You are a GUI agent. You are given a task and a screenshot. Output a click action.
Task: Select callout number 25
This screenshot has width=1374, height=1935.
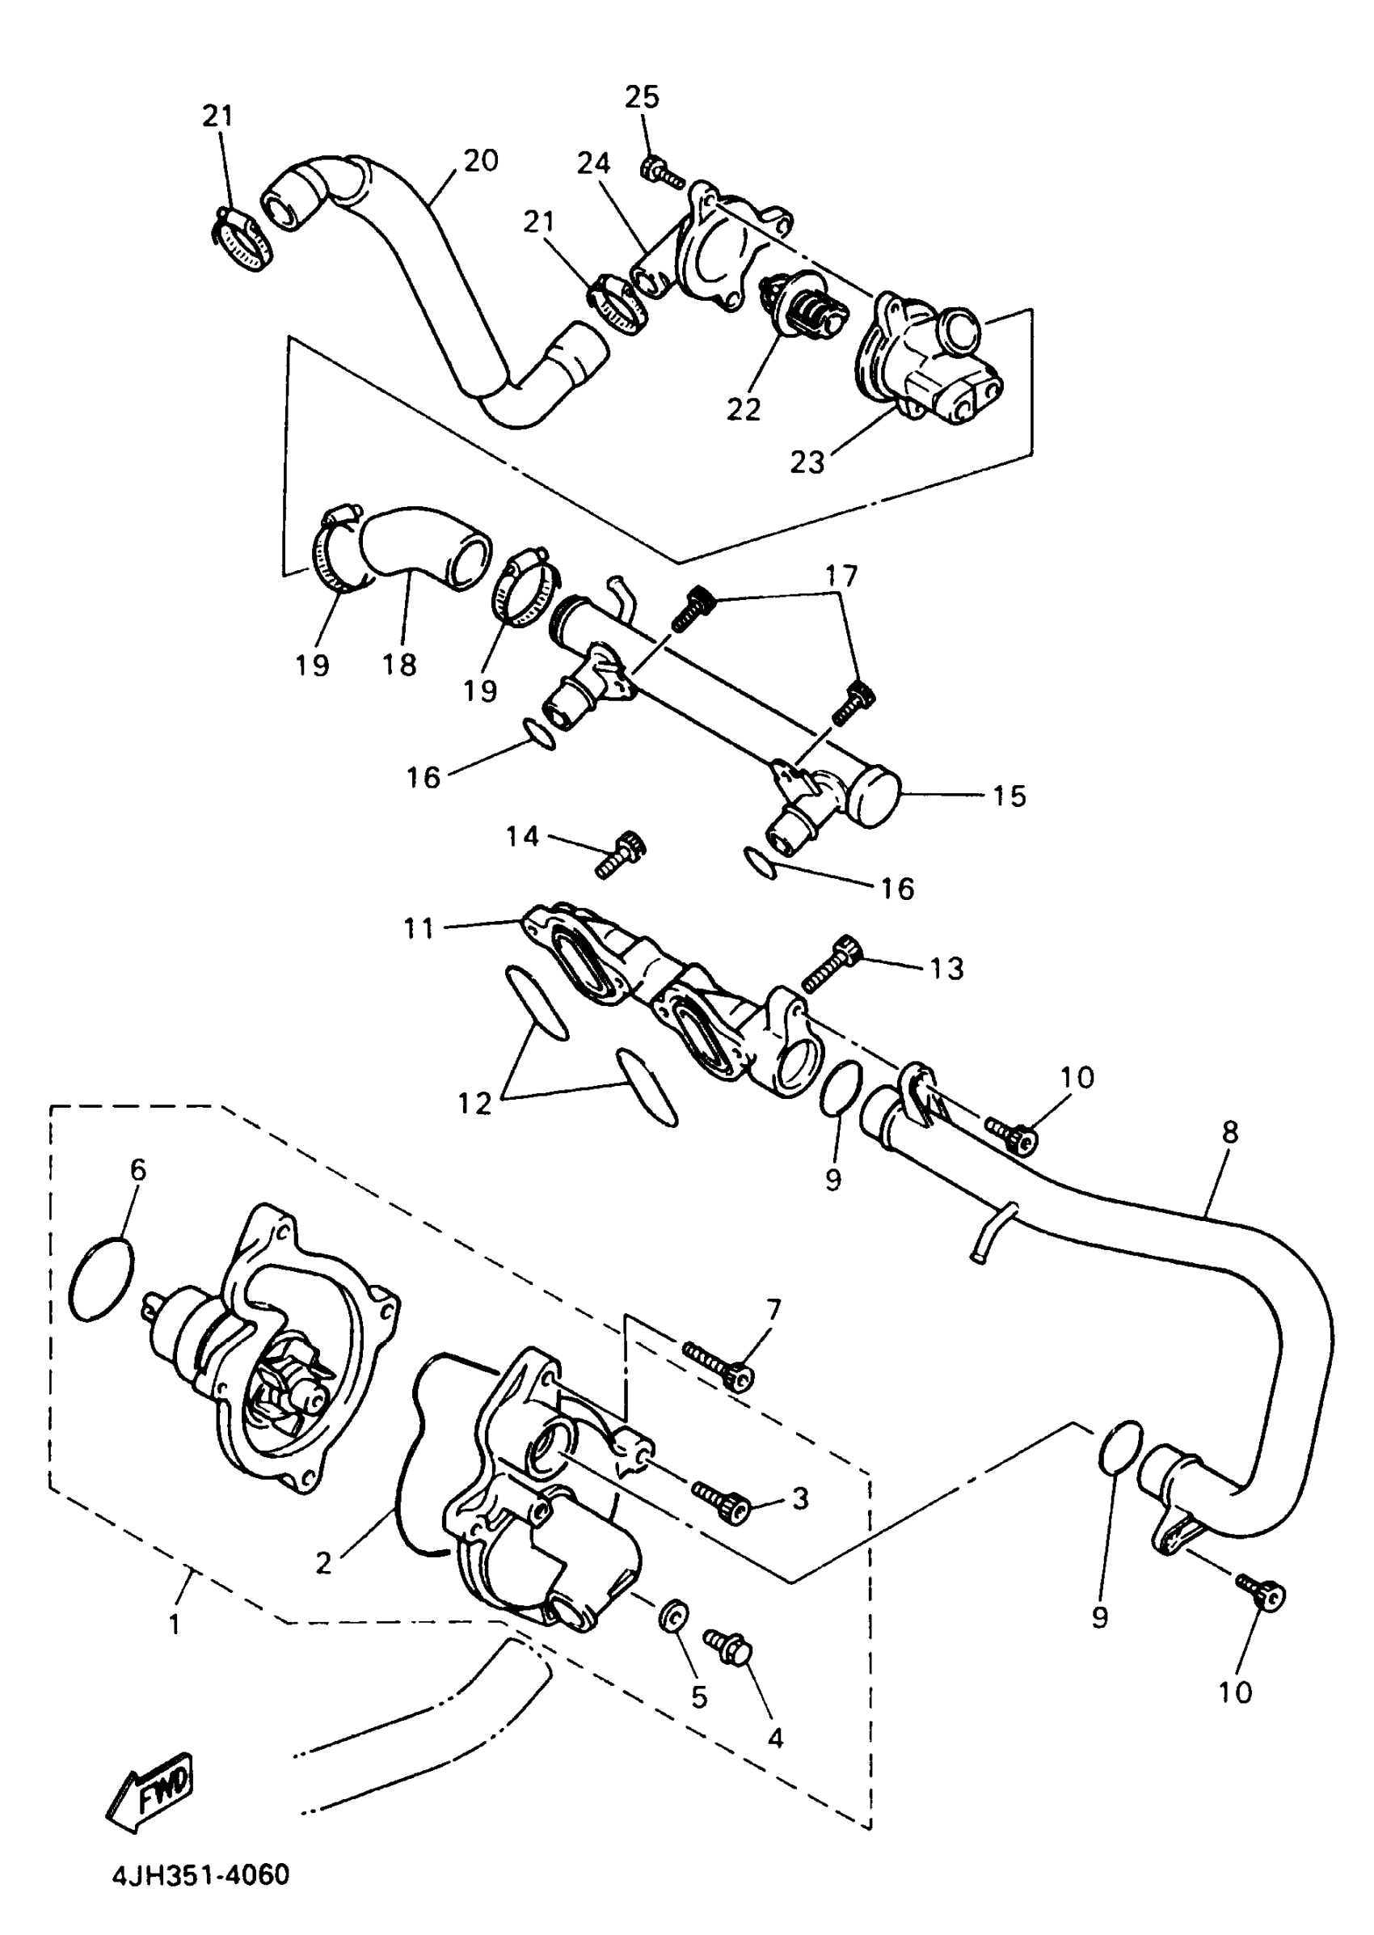(643, 97)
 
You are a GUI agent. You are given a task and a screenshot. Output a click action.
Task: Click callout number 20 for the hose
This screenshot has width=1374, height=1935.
(481, 160)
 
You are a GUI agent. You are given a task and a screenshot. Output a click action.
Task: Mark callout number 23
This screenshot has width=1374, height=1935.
(807, 462)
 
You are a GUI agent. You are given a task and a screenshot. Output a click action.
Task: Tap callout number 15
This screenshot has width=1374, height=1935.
(1009, 796)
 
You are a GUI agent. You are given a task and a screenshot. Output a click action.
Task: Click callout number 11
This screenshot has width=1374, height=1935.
(419, 928)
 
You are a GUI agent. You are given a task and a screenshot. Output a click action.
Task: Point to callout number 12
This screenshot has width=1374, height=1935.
(474, 1103)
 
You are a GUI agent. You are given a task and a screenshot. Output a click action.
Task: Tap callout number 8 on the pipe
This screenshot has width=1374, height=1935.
(1229, 1132)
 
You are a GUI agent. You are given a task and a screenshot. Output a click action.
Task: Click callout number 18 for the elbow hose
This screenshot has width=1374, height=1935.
(399, 665)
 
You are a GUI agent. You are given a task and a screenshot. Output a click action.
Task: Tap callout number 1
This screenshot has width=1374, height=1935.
(175, 1624)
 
